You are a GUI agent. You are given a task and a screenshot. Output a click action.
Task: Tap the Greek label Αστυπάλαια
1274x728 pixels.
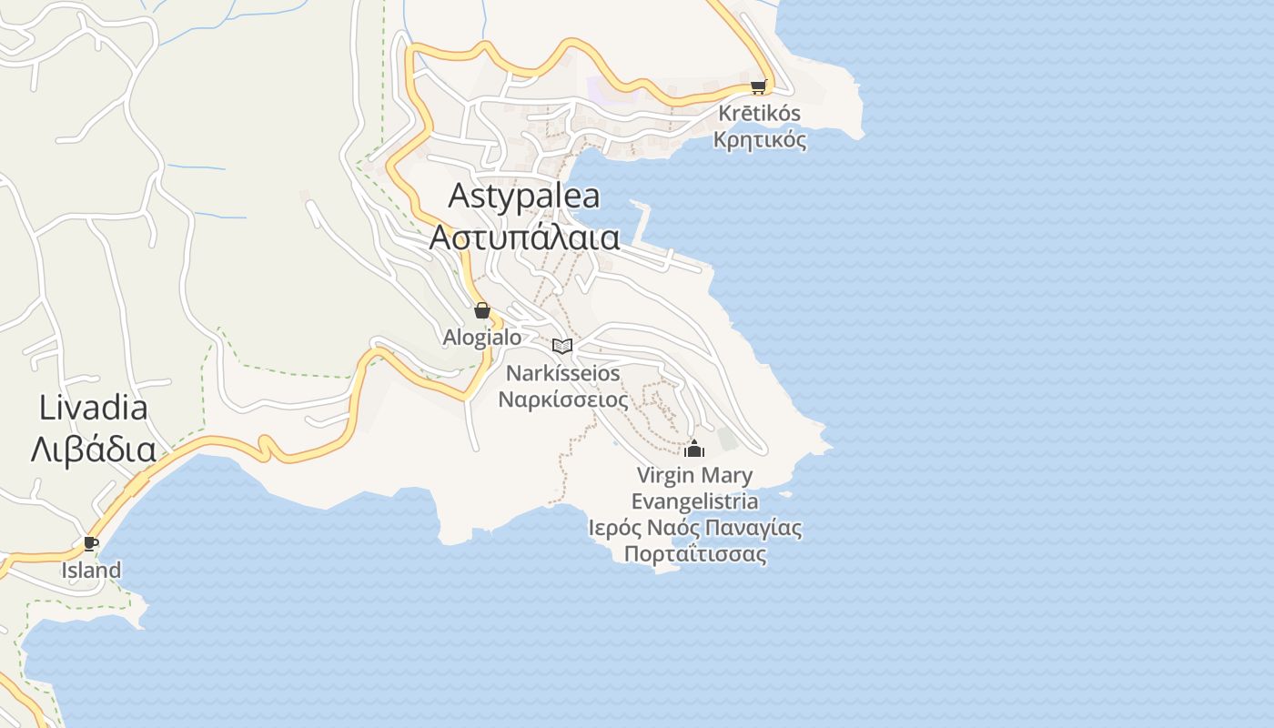click(525, 238)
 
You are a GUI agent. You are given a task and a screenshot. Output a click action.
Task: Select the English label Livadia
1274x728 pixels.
click(93, 408)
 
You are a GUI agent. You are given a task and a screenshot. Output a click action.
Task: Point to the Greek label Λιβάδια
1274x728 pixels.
click(93, 450)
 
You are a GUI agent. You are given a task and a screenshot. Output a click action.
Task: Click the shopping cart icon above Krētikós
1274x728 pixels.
click(758, 87)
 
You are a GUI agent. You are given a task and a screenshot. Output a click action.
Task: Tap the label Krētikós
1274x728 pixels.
click(760, 114)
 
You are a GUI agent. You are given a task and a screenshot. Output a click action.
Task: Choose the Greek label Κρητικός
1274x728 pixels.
click(760, 140)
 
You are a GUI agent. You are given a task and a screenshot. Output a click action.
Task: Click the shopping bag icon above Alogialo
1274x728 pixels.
click(482, 311)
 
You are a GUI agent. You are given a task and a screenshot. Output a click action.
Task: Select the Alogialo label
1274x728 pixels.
click(482, 338)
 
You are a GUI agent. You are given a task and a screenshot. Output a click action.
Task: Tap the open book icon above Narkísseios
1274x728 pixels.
click(562, 346)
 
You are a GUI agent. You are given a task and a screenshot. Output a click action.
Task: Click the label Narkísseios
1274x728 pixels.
click(562, 373)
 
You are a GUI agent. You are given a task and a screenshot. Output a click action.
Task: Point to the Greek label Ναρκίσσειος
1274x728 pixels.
click(562, 399)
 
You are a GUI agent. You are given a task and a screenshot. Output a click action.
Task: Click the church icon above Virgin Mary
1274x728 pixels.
click(694, 449)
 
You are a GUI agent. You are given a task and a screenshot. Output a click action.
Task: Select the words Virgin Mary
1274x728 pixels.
click(694, 475)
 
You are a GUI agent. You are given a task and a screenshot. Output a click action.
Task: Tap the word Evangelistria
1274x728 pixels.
click(694, 501)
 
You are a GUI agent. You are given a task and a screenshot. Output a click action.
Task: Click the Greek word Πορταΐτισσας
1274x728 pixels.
click(695, 555)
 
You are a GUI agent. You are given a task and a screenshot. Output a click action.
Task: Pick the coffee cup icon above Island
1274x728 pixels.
click(91, 544)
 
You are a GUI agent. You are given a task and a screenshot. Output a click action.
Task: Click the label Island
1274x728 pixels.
click(91, 571)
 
